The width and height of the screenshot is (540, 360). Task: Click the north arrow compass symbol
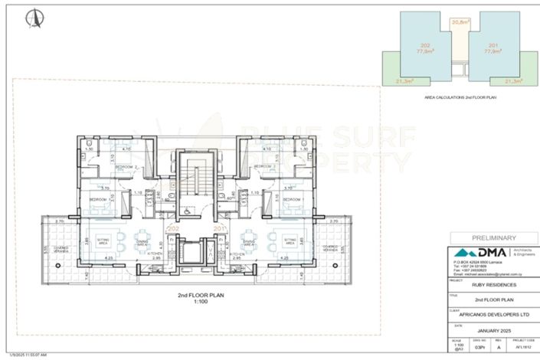pos(32,16)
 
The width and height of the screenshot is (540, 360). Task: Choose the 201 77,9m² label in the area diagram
pos(494,48)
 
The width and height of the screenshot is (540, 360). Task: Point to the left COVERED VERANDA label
pos(61,248)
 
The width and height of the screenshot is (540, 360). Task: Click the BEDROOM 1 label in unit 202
pos(98,198)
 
